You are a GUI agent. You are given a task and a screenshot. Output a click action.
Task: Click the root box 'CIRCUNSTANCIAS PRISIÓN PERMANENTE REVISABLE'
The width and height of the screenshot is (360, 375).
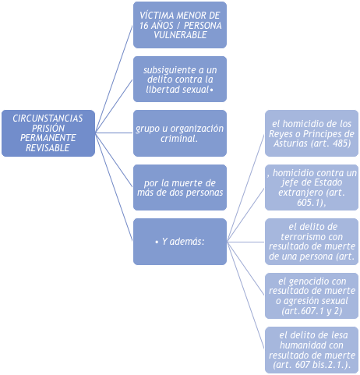(48, 133)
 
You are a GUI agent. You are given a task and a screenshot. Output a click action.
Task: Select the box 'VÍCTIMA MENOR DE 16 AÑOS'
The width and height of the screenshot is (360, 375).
(180, 25)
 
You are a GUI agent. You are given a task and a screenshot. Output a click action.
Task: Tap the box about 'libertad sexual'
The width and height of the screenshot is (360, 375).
(180, 80)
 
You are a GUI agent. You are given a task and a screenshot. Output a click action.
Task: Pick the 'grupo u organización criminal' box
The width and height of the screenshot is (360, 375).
(180, 133)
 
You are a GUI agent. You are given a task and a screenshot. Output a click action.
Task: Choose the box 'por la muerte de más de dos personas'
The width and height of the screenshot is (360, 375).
(180, 187)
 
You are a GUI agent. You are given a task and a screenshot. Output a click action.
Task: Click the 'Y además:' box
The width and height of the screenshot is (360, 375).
(180, 242)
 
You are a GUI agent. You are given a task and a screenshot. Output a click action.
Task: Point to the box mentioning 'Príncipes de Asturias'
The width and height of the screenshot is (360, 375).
(312, 133)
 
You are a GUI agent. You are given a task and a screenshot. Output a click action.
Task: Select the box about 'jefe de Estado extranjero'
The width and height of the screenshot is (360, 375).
(312, 187)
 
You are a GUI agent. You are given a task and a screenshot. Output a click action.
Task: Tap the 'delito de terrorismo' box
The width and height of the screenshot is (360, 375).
(312, 242)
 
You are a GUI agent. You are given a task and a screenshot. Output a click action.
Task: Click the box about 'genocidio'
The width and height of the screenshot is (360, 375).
(312, 295)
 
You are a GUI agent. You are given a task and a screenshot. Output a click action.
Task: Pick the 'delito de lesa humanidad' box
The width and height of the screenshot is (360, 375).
(312, 350)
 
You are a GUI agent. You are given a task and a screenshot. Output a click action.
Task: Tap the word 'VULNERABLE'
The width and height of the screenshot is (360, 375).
(180, 35)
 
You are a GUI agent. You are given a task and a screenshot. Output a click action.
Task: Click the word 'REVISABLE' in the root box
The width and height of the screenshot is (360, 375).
(48, 148)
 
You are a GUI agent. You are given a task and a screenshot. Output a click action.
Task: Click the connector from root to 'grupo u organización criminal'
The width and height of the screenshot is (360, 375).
(115, 133)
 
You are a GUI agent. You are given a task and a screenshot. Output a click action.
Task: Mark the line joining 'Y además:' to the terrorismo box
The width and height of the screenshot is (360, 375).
(245, 242)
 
